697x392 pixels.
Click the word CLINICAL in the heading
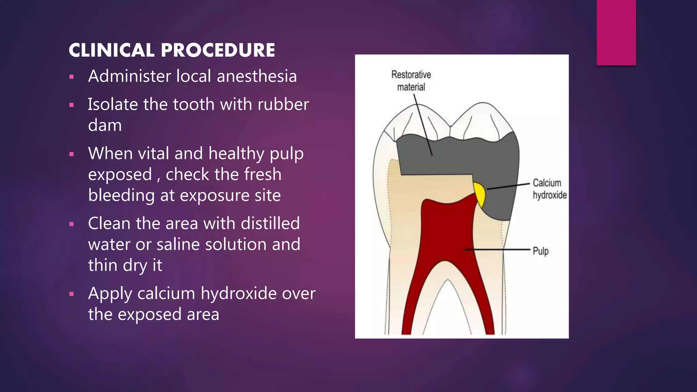point(111,50)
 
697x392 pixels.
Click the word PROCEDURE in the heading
point(218,50)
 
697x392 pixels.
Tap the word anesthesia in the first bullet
point(257,76)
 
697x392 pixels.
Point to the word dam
point(105,126)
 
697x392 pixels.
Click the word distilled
point(270,224)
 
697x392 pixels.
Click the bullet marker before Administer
point(71,77)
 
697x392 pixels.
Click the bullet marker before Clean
point(71,224)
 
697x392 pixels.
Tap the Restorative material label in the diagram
point(411,81)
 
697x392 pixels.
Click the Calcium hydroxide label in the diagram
point(549,189)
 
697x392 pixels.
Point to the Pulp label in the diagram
point(540,251)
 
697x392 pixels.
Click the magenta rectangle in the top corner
point(616,32)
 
